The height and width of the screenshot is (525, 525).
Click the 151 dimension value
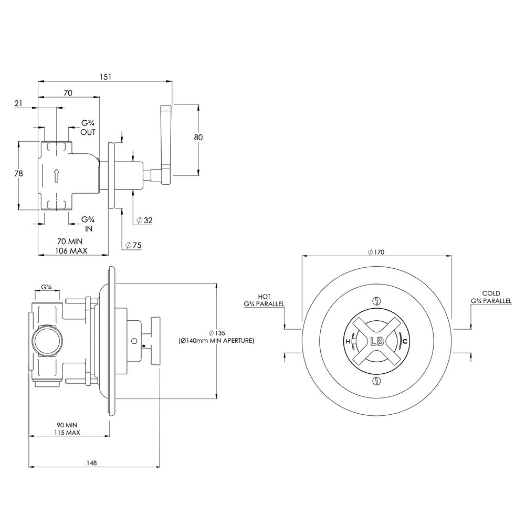[x=105, y=77]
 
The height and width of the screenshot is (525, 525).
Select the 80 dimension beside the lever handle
[x=198, y=137]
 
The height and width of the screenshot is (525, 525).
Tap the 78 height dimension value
[x=19, y=173]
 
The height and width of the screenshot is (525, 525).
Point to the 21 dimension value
[x=18, y=103]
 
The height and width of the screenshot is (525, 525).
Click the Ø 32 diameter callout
[x=145, y=220]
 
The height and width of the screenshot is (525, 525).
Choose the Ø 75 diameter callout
[x=133, y=245]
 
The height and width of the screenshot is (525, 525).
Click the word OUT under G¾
[x=88, y=132]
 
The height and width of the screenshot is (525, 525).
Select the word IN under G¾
[x=88, y=229]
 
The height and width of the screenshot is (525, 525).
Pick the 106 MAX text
[x=71, y=250]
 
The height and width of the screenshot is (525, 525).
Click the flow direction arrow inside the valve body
[x=57, y=175]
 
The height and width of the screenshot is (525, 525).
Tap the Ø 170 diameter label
[x=376, y=252]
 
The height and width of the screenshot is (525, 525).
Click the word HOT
[x=264, y=296]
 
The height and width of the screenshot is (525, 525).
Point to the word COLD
[x=491, y=293]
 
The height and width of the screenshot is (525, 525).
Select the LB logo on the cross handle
[x=377, y=341]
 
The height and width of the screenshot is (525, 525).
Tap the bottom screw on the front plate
[x=376, y=381]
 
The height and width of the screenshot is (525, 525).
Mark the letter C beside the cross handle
[x=404, y=341]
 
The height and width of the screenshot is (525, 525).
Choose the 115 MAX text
[x=67, y=432]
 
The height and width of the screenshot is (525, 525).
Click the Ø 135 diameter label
[x=217, y=333]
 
